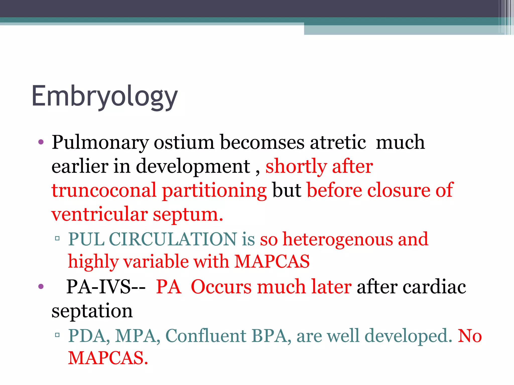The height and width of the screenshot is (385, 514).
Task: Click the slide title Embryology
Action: tap(104, 97)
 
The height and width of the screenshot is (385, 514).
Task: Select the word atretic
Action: tap(338, 142)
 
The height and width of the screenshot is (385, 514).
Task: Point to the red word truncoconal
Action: tap(104, 190)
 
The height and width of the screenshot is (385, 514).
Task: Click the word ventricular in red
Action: tap(99, 215)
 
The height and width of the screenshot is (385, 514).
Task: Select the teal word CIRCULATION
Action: tap(173, 239)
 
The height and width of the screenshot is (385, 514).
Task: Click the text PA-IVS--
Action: tap(106, 287)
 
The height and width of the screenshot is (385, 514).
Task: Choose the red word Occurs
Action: tap(221, 287)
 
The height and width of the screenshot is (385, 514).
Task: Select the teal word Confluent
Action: tap(206, 336)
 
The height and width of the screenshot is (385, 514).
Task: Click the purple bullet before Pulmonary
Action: tap(41, 143)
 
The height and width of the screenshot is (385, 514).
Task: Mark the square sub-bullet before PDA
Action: tap(57, 335)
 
